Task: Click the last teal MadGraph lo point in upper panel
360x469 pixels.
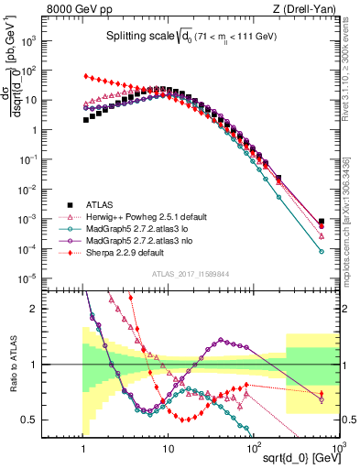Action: pos(321,251)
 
